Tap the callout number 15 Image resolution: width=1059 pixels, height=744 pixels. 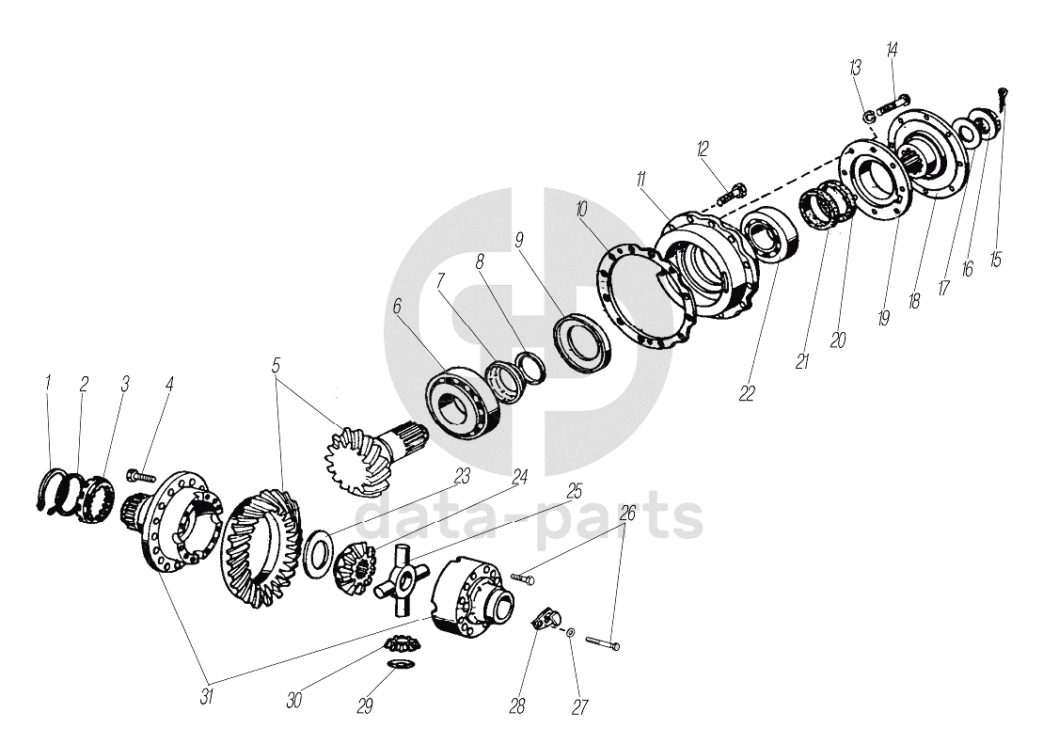(995, 260)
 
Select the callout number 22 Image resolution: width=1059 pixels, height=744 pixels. (747, 393)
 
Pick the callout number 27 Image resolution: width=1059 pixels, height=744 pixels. (579, 706)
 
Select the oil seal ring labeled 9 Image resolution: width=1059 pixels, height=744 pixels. (583, 342)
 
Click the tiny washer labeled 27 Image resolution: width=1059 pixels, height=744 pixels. (572, 632)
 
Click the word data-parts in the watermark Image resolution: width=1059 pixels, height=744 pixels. (529, 517)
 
